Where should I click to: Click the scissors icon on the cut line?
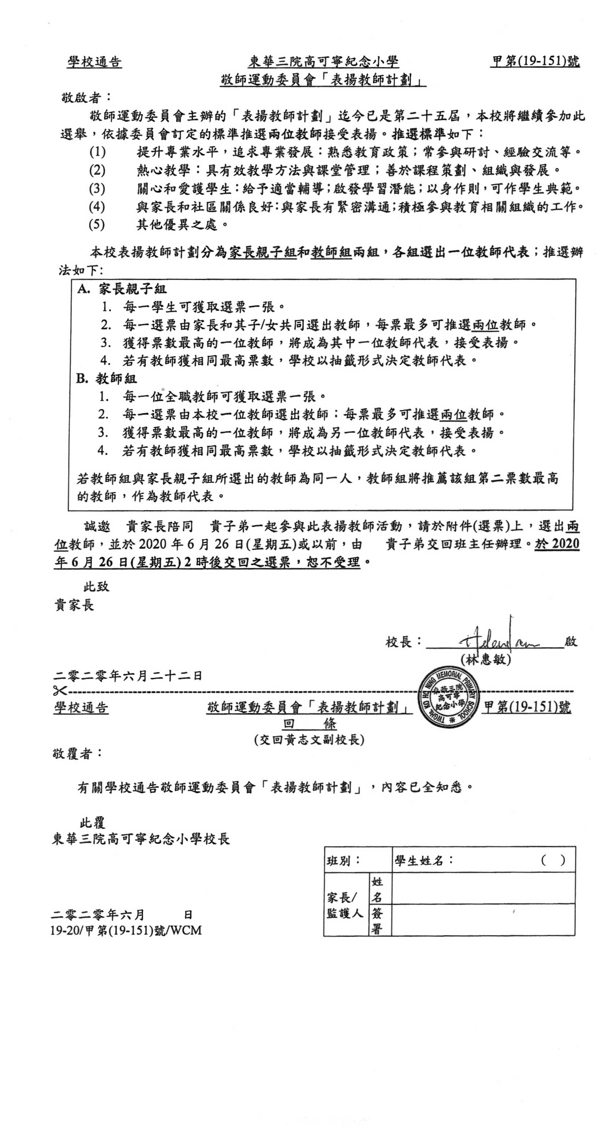click(59, 691)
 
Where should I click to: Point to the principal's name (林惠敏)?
click(485, 660)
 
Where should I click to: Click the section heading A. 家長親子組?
click(122, 289)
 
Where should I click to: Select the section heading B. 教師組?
click(106, 379)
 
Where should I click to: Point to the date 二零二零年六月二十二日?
click(128, 675)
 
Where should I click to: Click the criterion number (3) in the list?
click(97, 189)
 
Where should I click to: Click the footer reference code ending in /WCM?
click(126, 930)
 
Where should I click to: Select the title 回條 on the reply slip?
click(309, 723)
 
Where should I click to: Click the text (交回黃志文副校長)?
click(309, 740)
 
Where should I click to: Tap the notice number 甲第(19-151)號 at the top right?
click(535, 62)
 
